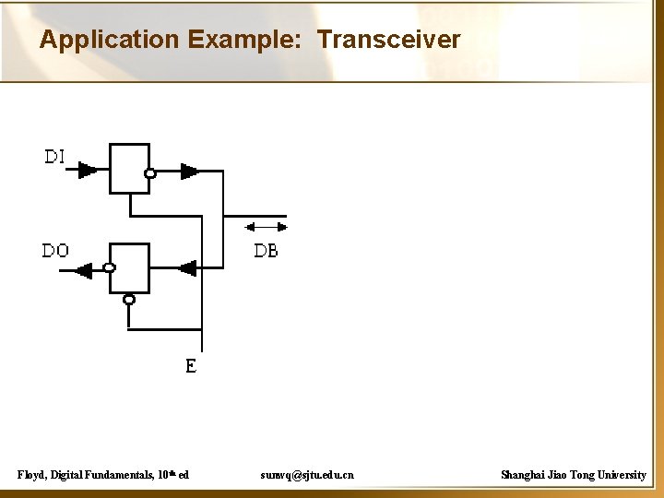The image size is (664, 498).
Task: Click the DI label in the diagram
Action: click(x=54, y=157)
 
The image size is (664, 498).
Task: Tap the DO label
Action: click(x=55, y=251)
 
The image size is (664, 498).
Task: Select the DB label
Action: click(x=266, y=251)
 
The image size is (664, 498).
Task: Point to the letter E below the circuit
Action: click(x=191, y=366)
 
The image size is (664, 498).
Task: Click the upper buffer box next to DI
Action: click(x=129, y=168)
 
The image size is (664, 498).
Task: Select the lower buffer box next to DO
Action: click(x=129, y=268)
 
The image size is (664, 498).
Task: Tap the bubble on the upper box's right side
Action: click(x=151, y=172)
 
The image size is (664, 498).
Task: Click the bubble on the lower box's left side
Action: click(x=109, y=268)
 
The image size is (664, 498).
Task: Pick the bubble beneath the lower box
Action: click(x=129, y=299)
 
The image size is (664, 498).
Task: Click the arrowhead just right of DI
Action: click(x=88, y=171)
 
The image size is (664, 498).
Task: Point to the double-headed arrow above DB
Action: click(x=267, y=226)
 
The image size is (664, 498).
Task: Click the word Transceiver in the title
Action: click(x=388, y=40)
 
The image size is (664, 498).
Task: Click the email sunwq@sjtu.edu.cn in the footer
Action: click(x=306, y=475)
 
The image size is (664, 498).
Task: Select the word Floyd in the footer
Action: click(x=33, y=475)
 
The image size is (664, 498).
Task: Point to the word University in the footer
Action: click(x=620, y=475)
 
